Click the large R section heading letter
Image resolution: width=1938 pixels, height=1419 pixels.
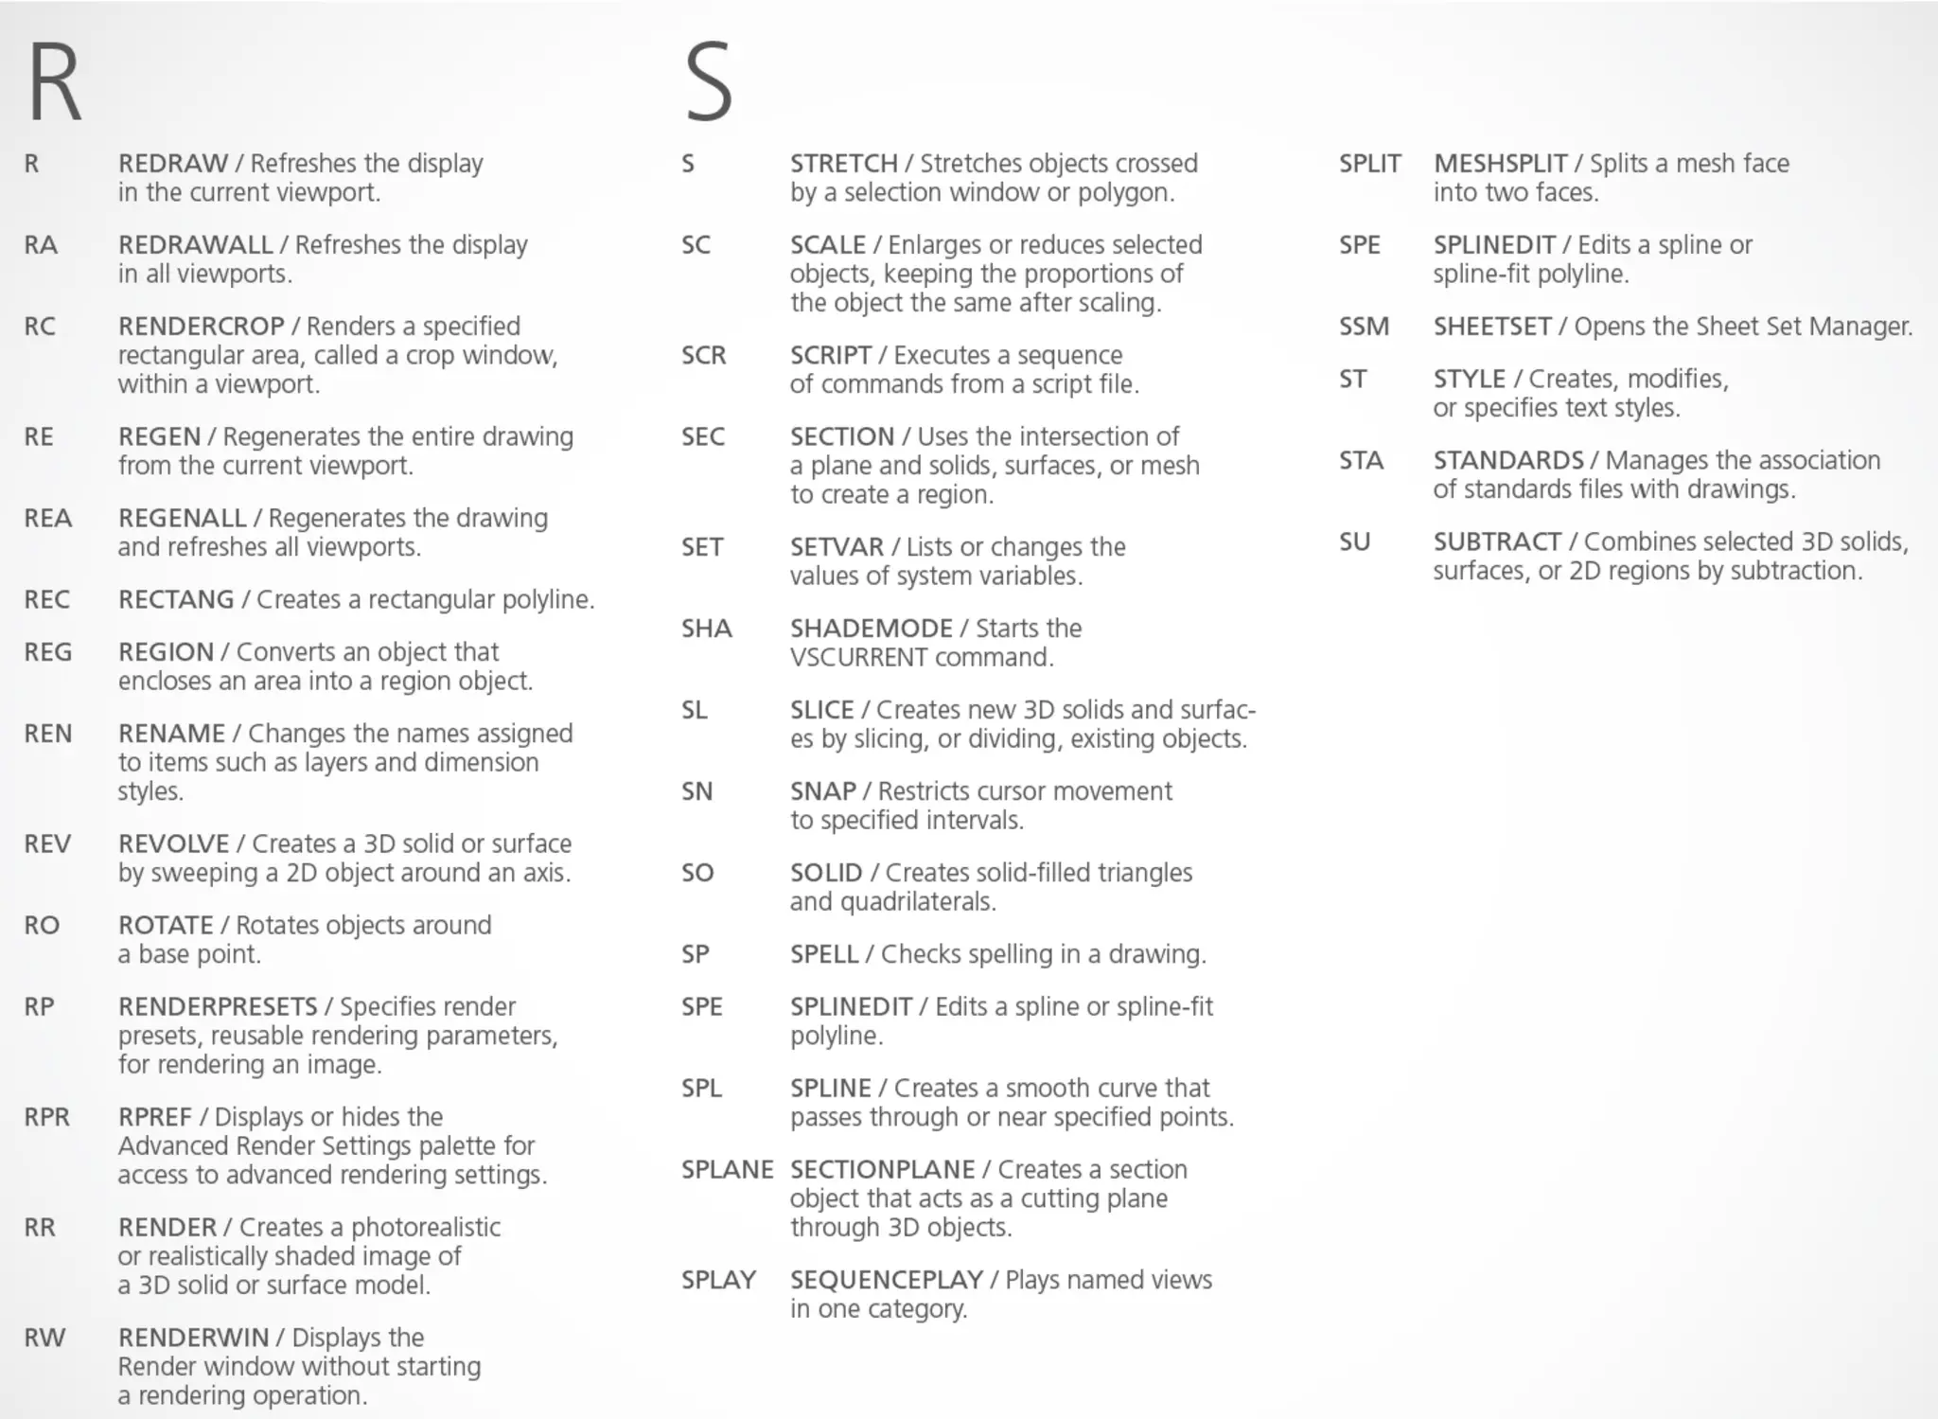pos(55,83)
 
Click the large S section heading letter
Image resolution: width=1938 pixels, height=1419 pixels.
pos(709,83)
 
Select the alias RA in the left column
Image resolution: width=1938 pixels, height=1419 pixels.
pos(41,245)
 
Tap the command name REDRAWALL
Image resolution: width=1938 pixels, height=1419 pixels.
pos(195,245)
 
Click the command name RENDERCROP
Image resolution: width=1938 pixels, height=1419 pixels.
pos(201,327)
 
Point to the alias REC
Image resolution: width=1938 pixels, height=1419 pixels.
pos(46,600)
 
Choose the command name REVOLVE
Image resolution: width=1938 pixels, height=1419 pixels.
pos(173,844)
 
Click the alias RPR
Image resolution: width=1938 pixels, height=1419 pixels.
pos(46,1117)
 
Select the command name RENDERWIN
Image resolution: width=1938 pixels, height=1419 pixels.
pos(193,1339)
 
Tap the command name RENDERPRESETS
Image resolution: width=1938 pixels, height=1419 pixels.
pos(218,1007)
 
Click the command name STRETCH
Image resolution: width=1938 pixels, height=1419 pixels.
pos(843,164)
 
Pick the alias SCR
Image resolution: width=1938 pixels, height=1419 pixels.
pos(703,356)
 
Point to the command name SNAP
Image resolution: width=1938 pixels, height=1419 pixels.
pos(822,791)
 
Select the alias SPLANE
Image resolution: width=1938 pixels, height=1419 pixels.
pos(727,1170)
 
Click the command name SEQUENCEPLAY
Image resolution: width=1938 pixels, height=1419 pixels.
pos(886,1281)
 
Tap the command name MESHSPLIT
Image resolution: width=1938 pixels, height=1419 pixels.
pos(1500,164)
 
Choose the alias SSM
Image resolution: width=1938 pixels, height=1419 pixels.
pos(1364,327)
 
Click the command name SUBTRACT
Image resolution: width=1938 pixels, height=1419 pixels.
pos(1496,542)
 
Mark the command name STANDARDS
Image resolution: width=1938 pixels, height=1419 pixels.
pos(1507,461)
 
